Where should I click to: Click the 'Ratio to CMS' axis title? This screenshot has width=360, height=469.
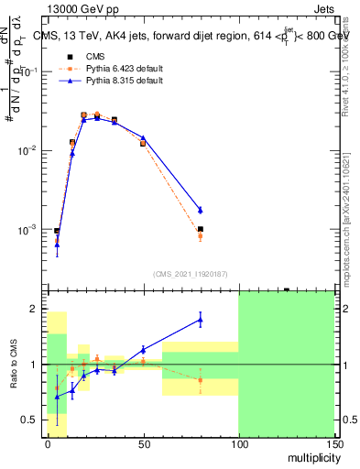[12, 365]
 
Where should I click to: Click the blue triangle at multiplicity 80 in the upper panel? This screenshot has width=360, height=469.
[200, 210]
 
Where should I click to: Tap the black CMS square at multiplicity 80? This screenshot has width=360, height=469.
[200, 229]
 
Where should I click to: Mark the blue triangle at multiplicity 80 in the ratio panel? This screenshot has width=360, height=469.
[200, 319]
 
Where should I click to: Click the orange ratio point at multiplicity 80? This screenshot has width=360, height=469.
[200, 379]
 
